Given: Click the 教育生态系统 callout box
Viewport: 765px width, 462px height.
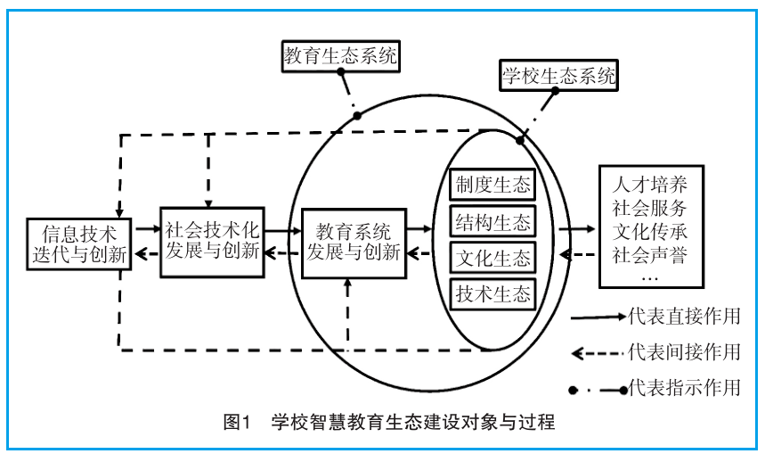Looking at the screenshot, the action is point(340,56).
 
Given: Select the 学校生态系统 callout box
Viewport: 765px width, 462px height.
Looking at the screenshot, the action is point(558,75).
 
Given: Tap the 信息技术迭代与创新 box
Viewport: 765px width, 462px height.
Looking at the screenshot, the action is point(79,244).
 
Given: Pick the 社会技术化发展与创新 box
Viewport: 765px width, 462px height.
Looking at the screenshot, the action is point(212,243).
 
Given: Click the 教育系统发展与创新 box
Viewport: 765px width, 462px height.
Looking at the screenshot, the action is point(354,243).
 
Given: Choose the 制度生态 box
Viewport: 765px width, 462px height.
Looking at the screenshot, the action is point(492,185).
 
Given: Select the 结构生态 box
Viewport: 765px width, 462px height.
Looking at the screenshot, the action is point(492,222).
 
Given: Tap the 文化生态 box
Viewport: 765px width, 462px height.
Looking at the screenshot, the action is point(492,258).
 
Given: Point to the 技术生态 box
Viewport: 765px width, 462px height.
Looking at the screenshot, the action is point(492,294).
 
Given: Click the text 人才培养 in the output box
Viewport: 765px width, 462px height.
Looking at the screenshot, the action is point(650,185).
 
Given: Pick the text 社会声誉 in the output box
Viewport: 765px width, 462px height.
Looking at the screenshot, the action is point(650,255).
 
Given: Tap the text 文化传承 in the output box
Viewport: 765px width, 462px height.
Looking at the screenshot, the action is point(650,232).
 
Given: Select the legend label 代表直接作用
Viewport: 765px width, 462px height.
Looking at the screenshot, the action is point(684,317).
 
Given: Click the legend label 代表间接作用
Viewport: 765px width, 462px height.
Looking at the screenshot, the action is point(684,351).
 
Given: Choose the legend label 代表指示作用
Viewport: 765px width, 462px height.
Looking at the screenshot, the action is point(684,387).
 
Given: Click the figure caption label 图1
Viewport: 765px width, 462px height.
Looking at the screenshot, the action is point(236,422).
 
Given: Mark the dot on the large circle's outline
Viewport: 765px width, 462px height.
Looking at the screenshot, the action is point(357,116).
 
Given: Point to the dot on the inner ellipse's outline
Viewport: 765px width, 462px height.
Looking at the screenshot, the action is point(520,141).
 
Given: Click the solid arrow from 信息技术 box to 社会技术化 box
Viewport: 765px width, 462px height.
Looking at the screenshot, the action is point(148,228).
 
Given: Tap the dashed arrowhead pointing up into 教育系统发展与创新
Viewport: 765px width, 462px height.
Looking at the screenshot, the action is point(347,284).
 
